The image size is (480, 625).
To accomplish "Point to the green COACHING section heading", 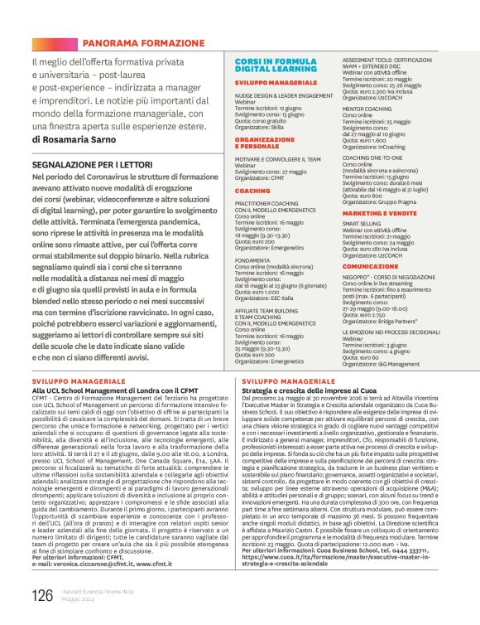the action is [252, 191].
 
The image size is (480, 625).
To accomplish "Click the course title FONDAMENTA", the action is [253, 259].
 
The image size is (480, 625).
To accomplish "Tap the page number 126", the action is [41, 595].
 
